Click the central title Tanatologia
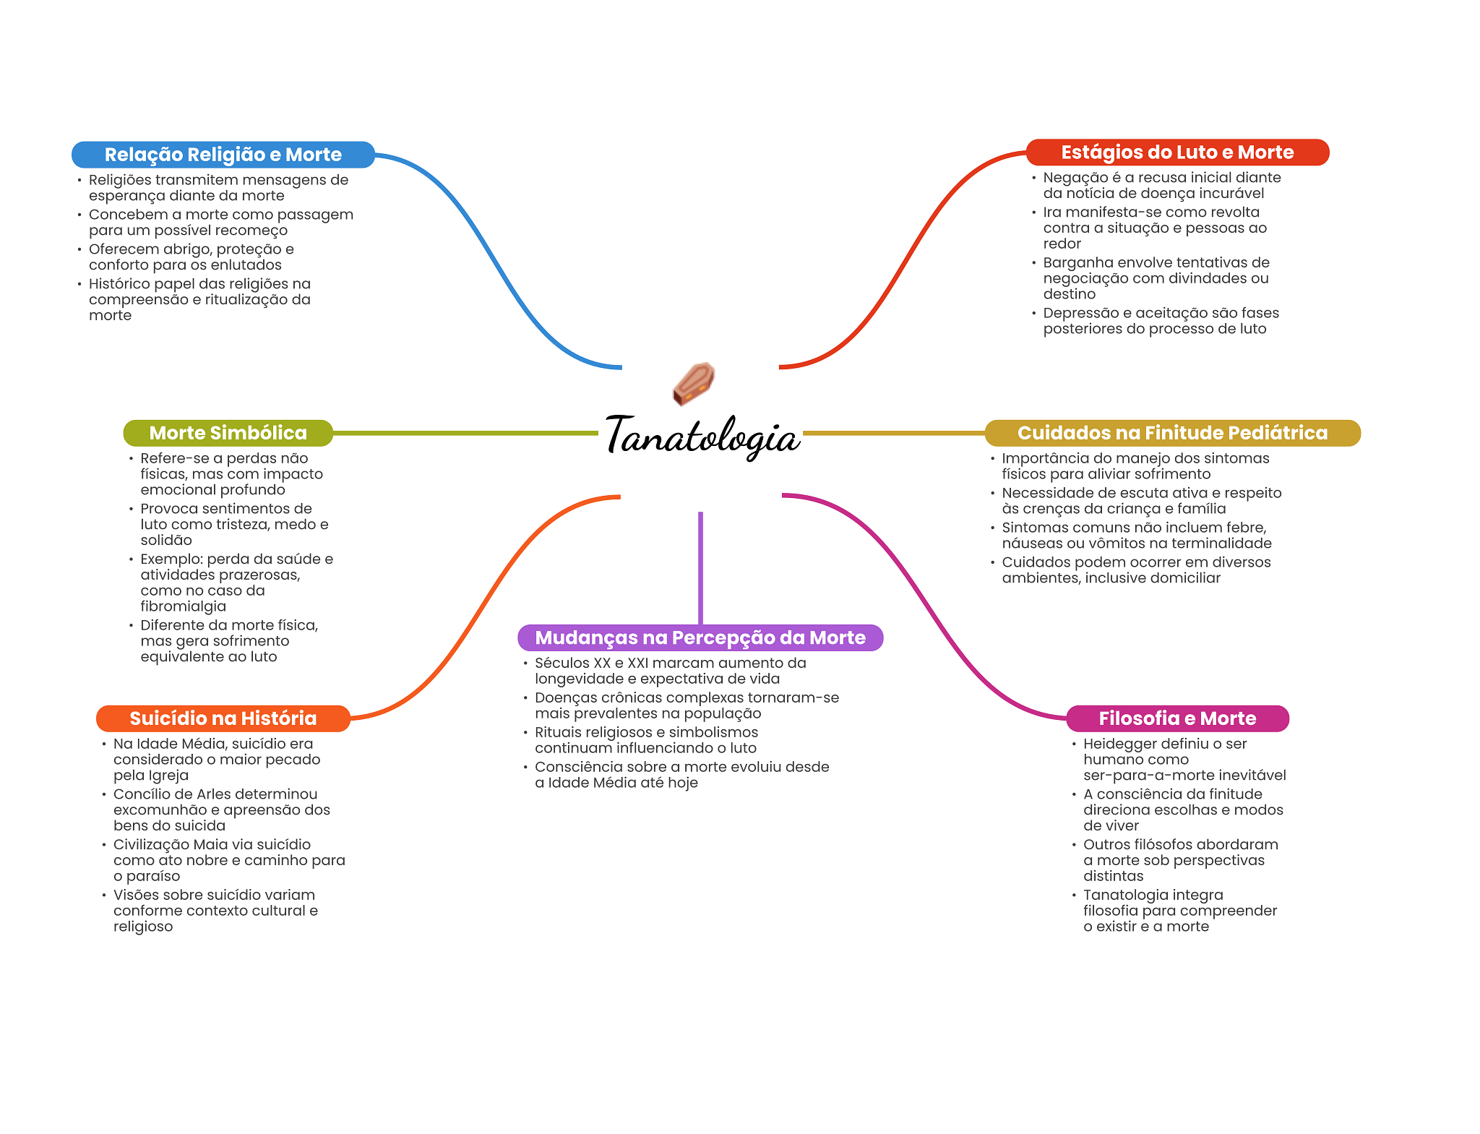[702, 436]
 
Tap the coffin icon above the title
[694, 384]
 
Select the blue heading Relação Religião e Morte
[223, 155]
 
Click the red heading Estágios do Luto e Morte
[1177, 153]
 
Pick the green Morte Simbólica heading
[228, 433]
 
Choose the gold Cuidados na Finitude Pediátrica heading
[1172, 433]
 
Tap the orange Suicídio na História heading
[223, 718]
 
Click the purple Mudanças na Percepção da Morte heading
[700, 637]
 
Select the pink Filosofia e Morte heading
[1177, 718]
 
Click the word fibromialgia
[184, 606]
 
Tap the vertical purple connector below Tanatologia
[700, 568]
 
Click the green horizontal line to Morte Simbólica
[465, 433]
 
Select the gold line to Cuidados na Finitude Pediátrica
[894, 433]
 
